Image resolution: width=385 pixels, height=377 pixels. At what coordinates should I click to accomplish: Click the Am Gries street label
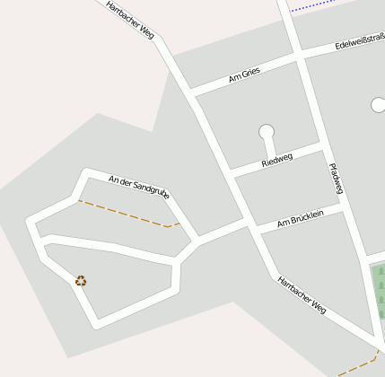[244, 77]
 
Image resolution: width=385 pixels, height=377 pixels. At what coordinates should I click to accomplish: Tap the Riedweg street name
[276, 160]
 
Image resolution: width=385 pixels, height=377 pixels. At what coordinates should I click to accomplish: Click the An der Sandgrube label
[139, 185]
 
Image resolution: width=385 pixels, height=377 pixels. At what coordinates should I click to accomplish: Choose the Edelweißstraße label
[359, 41]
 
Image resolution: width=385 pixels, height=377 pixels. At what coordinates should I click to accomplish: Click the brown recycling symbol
[81, 281]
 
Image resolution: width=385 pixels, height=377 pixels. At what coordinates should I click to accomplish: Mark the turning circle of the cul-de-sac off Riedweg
[267, 133]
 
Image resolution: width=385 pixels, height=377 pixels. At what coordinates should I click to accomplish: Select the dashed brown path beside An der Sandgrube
[126, 214]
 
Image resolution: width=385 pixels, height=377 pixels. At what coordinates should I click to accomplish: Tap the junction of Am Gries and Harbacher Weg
[191, 92]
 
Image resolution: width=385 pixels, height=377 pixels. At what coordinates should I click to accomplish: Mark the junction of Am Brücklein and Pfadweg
[343, 206]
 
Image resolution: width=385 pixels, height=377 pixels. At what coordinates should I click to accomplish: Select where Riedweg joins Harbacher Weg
[232, 172]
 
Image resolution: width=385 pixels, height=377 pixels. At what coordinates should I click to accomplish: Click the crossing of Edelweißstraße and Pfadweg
[299, 56]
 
